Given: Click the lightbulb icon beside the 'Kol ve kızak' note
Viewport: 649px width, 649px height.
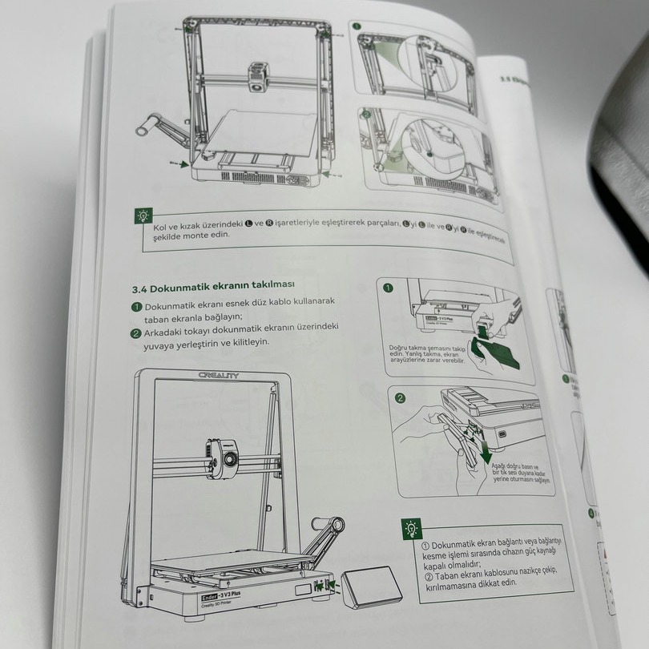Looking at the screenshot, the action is (x=143, y=215).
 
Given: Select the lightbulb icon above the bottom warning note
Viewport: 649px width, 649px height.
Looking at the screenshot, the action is (x=411, y=528).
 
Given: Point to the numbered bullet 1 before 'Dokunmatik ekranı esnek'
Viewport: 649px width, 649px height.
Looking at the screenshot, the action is (x=137, y=306).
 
